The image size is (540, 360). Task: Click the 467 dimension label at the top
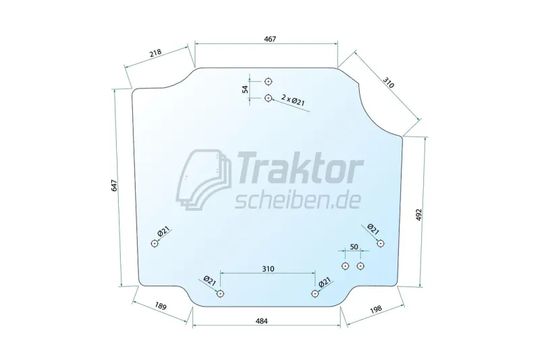[270, 39]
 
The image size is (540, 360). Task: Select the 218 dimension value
[155, 53]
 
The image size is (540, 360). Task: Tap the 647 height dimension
[115, 186]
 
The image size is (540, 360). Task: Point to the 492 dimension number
[418, 215]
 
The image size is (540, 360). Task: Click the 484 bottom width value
[262, 321]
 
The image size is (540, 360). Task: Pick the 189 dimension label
[161, 306]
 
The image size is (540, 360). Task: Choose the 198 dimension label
[376, 309]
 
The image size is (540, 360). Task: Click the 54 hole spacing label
[245, 90]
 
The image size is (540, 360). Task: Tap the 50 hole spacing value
[354, 247]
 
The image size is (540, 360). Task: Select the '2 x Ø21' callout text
[293, 100]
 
